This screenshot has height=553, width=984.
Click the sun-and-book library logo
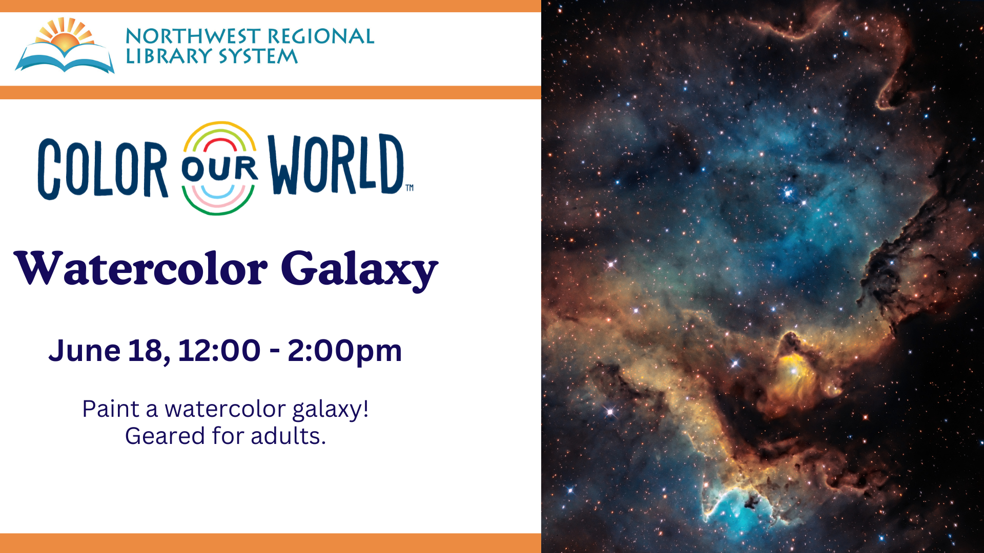tap(65, 46)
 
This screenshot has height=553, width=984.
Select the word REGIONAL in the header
tap(321, 36)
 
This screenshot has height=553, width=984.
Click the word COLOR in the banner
tap(102, 168)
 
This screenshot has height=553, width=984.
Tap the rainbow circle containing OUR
tap(219, 168)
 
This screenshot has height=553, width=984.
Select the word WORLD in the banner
tap(336, 164)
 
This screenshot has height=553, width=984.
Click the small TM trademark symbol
tap(409, 188)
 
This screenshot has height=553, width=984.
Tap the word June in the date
tap(85, 351)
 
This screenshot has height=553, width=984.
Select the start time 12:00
tap(219, 351)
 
